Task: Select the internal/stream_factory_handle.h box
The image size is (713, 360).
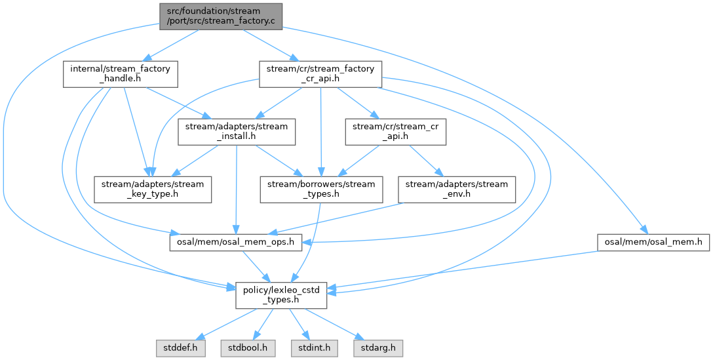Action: click(x=121, y=75)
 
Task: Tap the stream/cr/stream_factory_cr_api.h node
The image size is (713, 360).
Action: click(x=320, y=75)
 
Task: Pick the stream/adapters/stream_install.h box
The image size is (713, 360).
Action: click(x=237, y=132)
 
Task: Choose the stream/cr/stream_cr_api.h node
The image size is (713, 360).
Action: click(x=396, y=132)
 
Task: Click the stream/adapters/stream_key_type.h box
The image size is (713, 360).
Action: click(x=152, y=190)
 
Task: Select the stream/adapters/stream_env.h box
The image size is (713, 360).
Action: click(x=457, y=190)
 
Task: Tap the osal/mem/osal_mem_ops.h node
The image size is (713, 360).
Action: click(x=236, y=242)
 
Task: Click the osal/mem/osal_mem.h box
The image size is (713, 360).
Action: click(x=653, y=242)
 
